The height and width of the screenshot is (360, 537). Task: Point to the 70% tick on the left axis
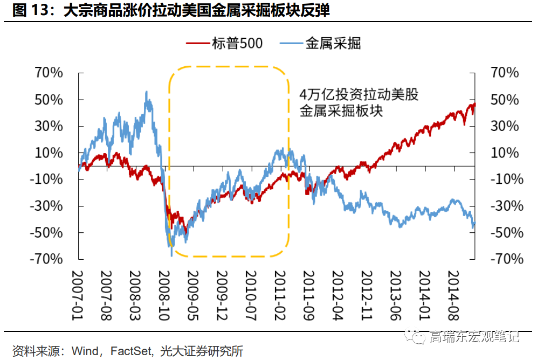(49, 73)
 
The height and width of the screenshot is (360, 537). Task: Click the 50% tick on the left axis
(49, 100)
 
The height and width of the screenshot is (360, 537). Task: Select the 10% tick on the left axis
(49, 153)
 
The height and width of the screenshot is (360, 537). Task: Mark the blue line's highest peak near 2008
(147, 92)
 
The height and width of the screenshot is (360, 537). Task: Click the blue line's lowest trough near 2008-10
(171, 255)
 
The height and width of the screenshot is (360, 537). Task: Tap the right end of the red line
(475, 103)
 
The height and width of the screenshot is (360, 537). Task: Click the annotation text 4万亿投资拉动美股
(359, 95)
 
